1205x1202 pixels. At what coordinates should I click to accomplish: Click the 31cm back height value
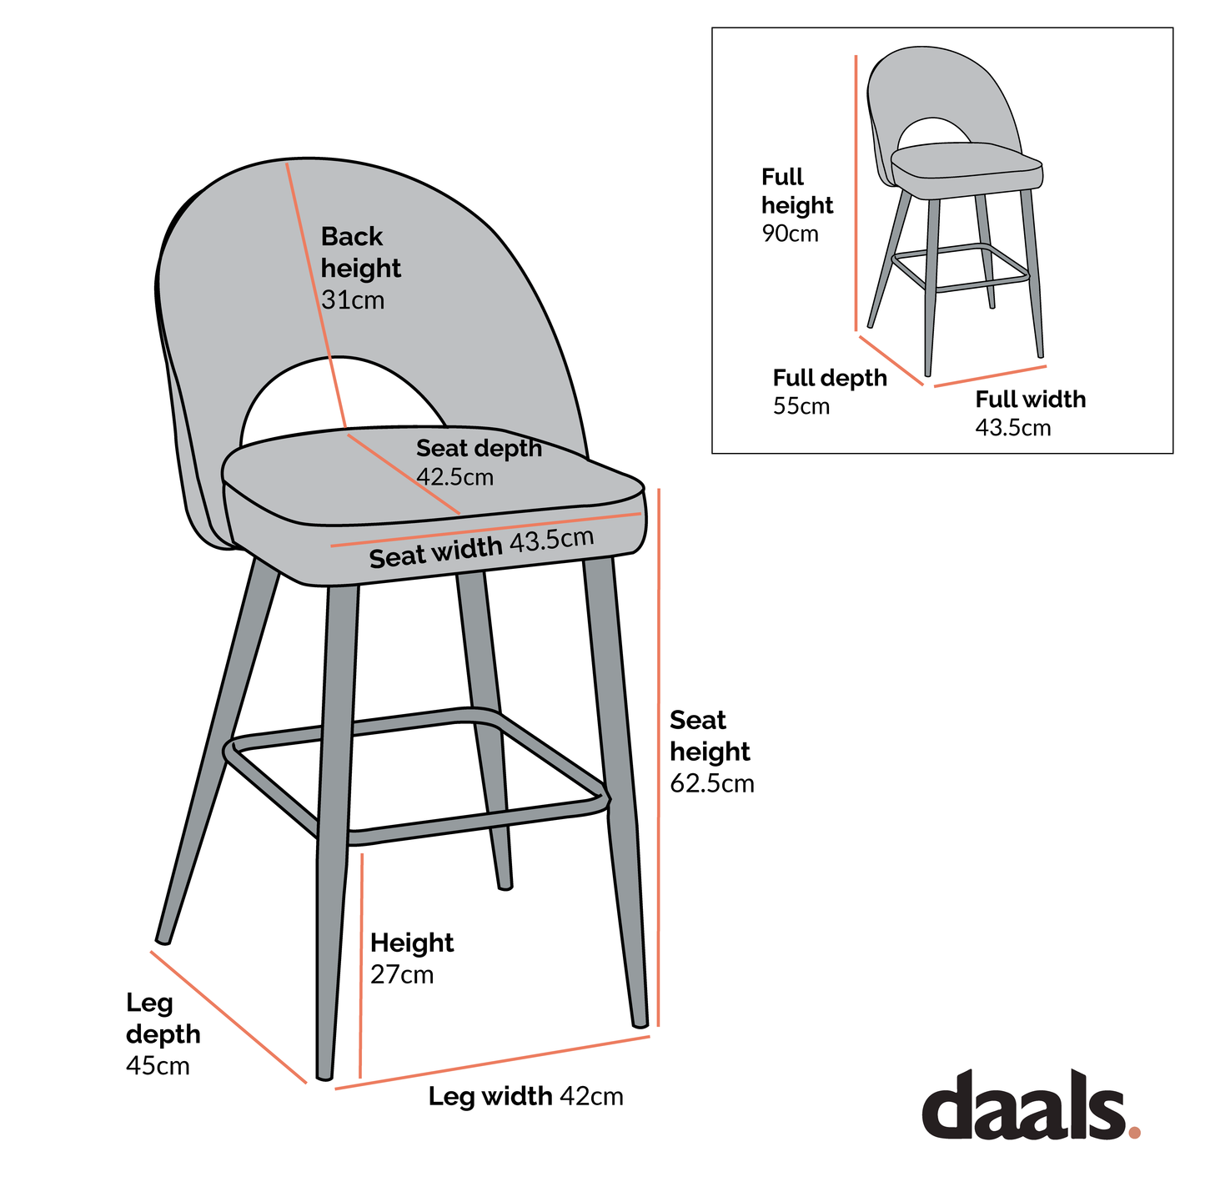353,300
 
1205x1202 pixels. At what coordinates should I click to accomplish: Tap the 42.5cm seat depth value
455,477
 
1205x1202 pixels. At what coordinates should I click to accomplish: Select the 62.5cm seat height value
712,784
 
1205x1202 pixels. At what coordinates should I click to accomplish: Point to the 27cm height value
402,975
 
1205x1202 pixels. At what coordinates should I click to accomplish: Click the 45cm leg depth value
158,1066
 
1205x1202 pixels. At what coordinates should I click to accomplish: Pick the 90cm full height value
790,234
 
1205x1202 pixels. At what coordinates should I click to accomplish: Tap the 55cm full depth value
801,407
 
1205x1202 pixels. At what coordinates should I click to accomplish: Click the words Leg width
490,1096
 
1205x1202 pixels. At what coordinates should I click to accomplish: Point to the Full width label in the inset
1031,400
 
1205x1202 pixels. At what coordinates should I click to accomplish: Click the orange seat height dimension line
659,751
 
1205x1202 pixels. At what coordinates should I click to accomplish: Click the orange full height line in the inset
856,192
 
